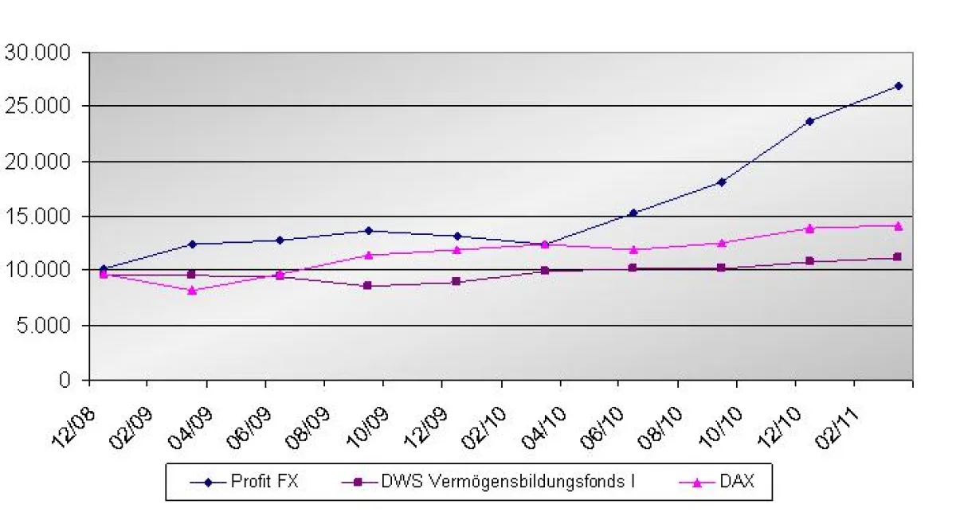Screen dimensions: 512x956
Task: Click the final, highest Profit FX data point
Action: point(899,85)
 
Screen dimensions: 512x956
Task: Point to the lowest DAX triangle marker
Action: point(192,291)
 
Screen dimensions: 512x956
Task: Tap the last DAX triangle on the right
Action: point(899,225)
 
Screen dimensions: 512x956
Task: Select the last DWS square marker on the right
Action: point(899,256)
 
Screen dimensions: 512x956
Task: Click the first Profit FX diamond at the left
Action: point(104,269)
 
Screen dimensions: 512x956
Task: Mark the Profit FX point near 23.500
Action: point(810,121)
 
